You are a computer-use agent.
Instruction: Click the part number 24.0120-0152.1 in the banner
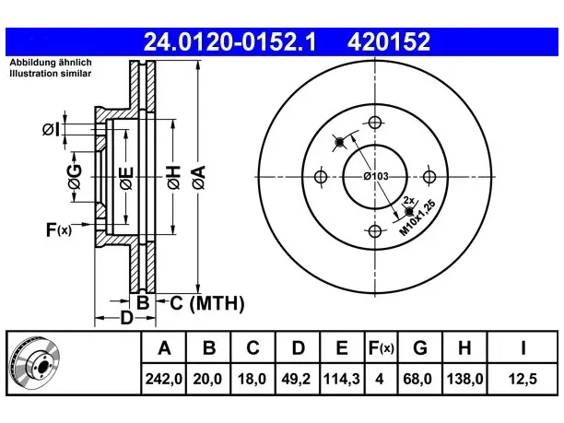229,41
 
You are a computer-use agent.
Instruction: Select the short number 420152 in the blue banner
389,41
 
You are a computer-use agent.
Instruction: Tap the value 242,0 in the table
164,379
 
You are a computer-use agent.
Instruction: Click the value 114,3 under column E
342,379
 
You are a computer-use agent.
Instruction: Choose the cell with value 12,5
523,379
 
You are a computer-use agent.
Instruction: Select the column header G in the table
420,347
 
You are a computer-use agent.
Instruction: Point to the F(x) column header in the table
382,347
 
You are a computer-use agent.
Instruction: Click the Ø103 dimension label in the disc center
376,176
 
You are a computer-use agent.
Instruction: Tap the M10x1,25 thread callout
417,217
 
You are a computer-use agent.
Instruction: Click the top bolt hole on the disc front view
375,123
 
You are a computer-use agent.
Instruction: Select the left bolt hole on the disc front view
321,177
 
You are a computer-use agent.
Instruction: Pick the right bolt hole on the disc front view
429,177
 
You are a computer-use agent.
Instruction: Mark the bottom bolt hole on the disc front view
375,231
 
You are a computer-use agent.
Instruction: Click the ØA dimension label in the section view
198,177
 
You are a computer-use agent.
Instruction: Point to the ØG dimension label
75,177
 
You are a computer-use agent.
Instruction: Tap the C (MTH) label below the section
207,303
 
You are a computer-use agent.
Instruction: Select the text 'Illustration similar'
51,74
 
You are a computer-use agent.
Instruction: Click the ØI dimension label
51,129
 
